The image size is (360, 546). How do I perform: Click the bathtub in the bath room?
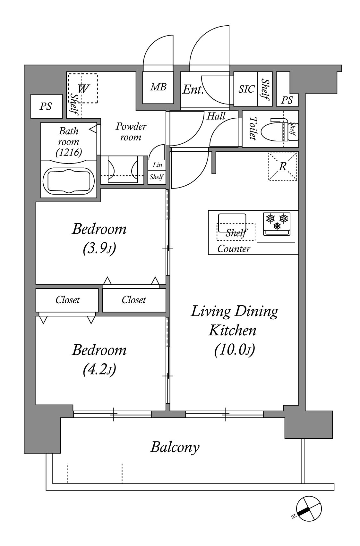coord(69,181)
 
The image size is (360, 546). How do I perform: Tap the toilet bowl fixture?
coord(276,130)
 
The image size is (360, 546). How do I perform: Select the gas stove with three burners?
coord(277,224)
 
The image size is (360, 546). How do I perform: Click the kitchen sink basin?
coord(232,223)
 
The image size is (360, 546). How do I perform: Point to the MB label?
coord(158,87)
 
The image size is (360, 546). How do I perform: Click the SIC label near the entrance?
coord(246,89)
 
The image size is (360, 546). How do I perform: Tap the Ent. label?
coord(193,89)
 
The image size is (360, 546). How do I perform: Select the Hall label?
coord(216,116)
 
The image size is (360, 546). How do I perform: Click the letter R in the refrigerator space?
coord(283,166)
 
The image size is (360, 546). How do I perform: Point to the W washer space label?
coord(83,88)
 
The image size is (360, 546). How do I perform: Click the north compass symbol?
coord(309,509)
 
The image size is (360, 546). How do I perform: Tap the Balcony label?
coord(175,447)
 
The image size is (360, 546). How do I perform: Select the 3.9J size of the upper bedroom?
coord(99,248)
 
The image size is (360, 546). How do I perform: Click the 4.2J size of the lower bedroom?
coord(99,370)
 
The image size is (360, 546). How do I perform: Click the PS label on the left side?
coord(46,106)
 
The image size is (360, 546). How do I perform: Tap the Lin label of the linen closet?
coord(157,165)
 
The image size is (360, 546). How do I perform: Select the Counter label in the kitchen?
coord(234,249)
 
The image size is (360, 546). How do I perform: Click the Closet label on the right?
coord(134,300)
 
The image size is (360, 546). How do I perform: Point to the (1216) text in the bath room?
coord(69,153)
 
